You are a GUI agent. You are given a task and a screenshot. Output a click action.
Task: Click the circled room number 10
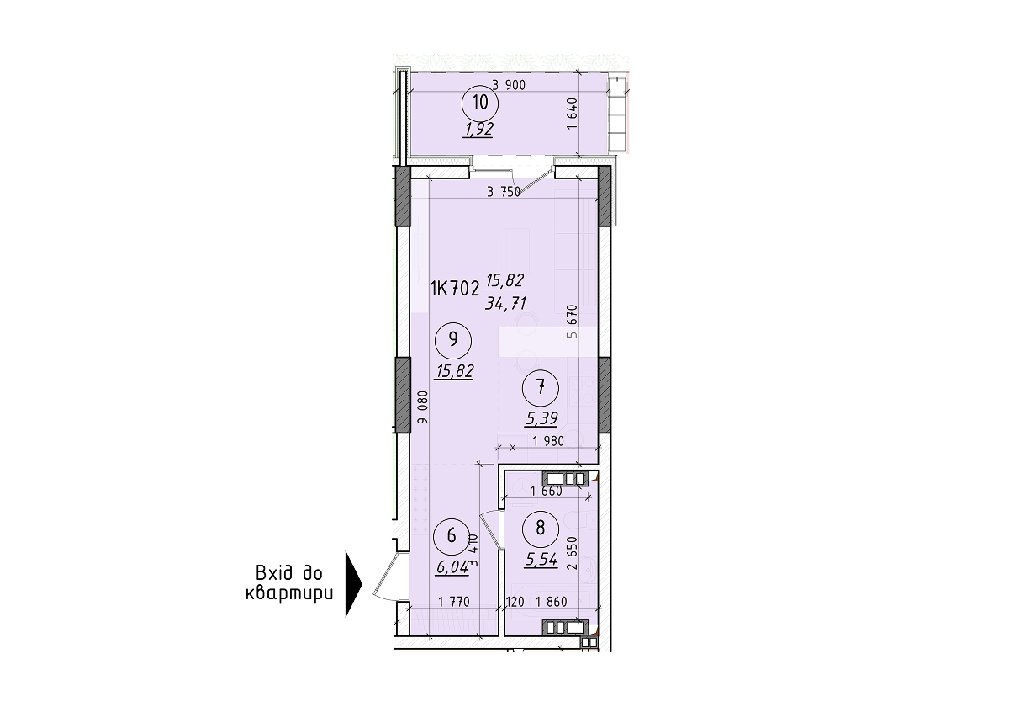click(481, 104)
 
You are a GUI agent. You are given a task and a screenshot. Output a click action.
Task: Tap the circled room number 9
click(453, 340)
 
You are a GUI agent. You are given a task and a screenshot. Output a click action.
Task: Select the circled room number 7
click(540, 387)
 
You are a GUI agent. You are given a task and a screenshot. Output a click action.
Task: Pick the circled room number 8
click(540, 528)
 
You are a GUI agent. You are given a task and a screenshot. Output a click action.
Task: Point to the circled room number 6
click(452, 535)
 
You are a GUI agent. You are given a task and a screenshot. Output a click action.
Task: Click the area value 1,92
click(477, 130)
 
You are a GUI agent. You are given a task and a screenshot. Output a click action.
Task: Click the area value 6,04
click(452, 566)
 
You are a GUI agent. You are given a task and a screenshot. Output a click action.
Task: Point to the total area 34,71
click(505, 304)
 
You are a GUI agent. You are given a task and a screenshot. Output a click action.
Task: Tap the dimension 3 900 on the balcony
click(510, 84)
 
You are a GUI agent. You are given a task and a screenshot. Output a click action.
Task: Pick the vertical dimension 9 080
click(422, 410)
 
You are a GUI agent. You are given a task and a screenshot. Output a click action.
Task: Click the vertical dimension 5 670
click(572, 321)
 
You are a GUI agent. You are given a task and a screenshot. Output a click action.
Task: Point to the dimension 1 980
click(547, 440)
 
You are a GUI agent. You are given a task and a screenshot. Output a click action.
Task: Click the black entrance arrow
click(353, 584)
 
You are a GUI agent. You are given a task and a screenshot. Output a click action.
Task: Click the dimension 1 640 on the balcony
click(572, 114)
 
